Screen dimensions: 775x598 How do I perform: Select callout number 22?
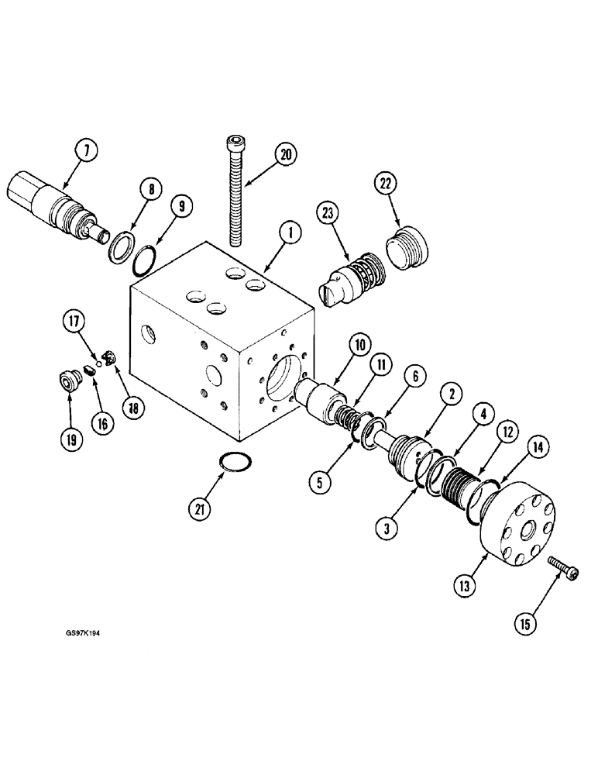[x=385, y=184]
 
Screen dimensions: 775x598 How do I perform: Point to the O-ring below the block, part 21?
[x=236, y=463]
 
